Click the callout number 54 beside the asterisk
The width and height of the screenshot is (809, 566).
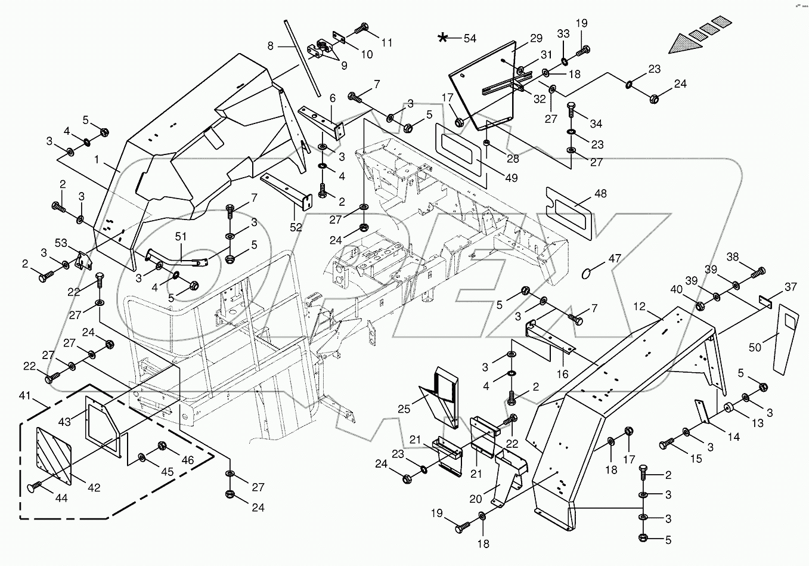pos(470,39)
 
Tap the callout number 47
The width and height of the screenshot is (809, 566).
pos(615,259)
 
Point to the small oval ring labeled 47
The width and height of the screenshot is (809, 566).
pos(587,273)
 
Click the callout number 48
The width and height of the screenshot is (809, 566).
pos(600,194)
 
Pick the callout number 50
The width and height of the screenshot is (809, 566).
pos(755,347)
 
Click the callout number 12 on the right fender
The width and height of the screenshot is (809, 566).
pos(639,306)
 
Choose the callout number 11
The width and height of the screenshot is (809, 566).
pos(388,42)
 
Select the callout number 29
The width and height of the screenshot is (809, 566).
pos(535,39)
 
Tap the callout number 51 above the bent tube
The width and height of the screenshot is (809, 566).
pos(181,237)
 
